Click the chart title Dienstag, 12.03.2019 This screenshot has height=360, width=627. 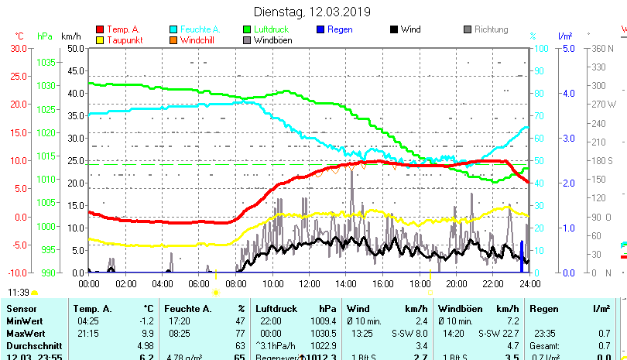pyautogui.click(x=312, y=12)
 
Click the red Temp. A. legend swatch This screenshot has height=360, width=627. pyautogui.click(x=100, y=29)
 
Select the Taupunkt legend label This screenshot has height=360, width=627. pyautogui.click(x=124, y=40)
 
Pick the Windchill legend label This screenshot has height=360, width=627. pyautogui.click(x=198, y=40)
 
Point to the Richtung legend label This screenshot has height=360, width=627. pyautogui.click(x=492, y=29)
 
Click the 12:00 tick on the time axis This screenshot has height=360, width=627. pyautogui.click(x=309, y=283)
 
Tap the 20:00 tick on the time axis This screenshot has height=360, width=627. pyautogui.click(x=456, y=283)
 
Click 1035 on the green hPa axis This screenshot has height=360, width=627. pyautogui.click(x=46, y=62)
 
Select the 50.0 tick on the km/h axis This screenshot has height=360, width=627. pyautogui.click(x=75, y=48)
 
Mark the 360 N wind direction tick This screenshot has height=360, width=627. pyautogui.click(x=603, y=48)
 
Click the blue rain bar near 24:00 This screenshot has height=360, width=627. pyautogui.click(x=522, y=253)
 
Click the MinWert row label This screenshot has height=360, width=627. pyautogui.click(x=24, y=321)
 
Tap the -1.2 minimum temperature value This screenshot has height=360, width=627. pyautogui.click(x=147, y=321)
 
